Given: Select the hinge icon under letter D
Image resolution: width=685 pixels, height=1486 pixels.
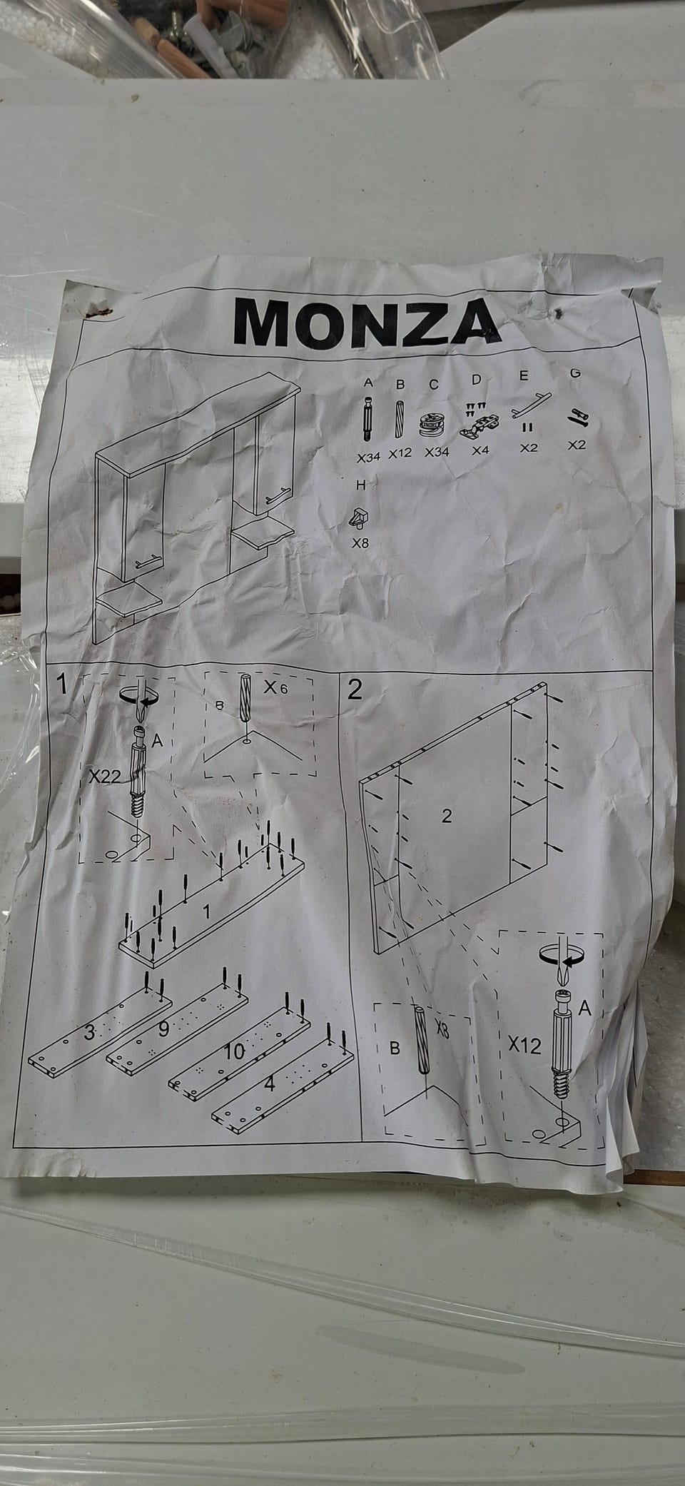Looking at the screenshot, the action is tap(476, 420).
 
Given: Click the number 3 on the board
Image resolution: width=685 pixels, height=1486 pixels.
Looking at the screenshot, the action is tap(90, 1032).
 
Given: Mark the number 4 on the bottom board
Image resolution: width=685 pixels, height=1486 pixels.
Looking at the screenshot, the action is tap(269, 1083).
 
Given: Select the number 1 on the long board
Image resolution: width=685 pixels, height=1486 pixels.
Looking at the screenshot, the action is tap(206, 911).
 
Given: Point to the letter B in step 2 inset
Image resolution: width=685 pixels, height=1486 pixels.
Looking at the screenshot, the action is tap(394, 1050).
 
